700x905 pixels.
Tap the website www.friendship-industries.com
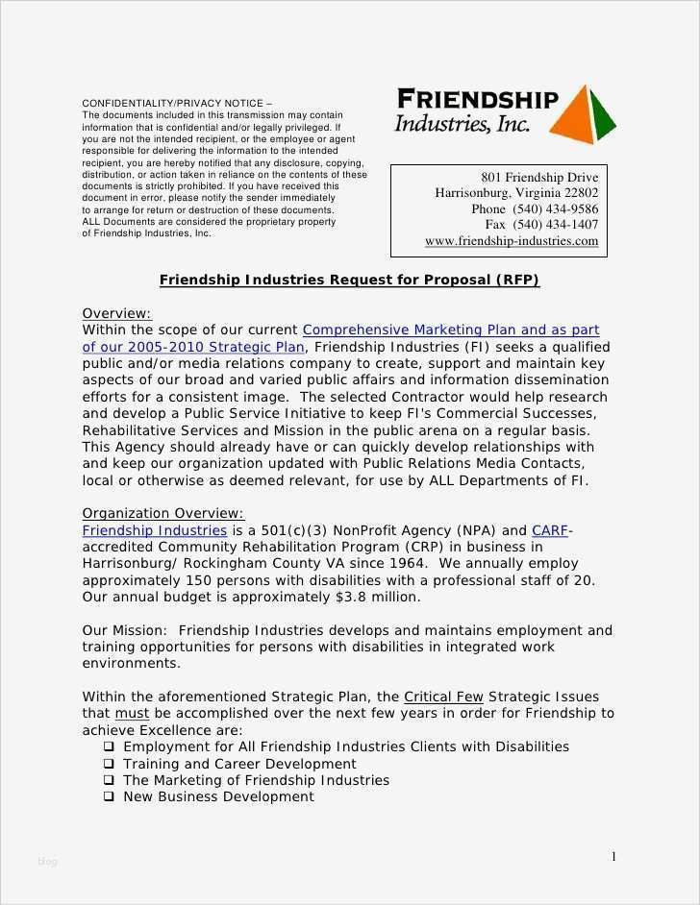pyautogui.click(x=512, y=241)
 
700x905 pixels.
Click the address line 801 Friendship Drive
pyautogui.click(x=539, y=178)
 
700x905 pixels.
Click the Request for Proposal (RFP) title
pyautogui.click(x=349, y=281)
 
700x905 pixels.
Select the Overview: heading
pyautogui.click(x=116, y=313)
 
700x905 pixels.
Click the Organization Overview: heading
pyautogui.click(x=162, y=513)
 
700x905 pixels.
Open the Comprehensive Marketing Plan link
pyautogui.click(x=450, y=330)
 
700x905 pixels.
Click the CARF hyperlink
pyautogui.click(x=550, y=530)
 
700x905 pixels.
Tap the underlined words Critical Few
pyautogui.click(x=443, y=697)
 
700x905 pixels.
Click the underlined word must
pyautogui.click(x=132, y=714)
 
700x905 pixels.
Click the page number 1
pyautogui.click(x=613, y=856)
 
